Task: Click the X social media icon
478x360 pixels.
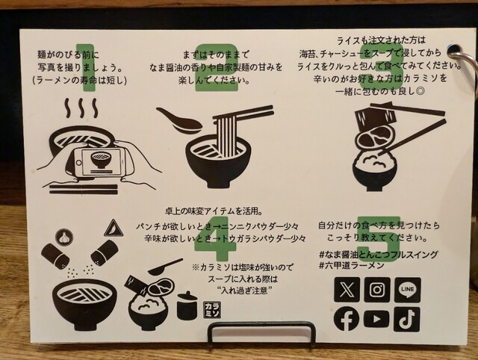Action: tap(347, 290)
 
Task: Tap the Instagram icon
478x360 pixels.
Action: tap(377, 290)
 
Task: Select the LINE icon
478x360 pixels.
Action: tap(408, 290)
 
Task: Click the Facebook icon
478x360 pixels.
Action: tap(347, 319)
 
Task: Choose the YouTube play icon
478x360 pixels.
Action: tap(376, 319)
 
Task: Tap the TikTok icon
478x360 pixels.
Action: tap(407, 319)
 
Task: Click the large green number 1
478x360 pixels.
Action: tap(87, 68)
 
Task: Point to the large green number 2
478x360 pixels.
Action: tap(217, 68)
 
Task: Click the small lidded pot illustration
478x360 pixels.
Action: tap(187, 305)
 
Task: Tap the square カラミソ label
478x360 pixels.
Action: tap(212, 310)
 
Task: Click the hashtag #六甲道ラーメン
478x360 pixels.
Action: tap(352, 265)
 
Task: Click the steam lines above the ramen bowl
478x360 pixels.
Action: tap(81, 108)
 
